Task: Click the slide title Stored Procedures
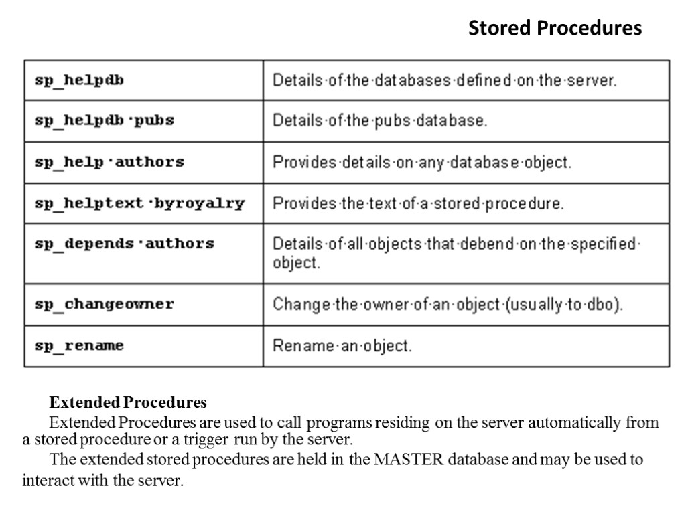pyautogui.click(x=555, y=28)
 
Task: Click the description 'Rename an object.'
pyautogui.click(x=342, y=346)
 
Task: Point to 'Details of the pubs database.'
pyautogui.click(x=379, y=121)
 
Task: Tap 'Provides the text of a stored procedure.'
pyautogui.click(x=418, y=203)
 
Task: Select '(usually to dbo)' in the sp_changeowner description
pyautogui.click(x=565, y=305)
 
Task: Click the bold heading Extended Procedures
pyautogui.click(x=128, y=403)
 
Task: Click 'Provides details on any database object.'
pyautogui.click(x=421, y=163)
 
